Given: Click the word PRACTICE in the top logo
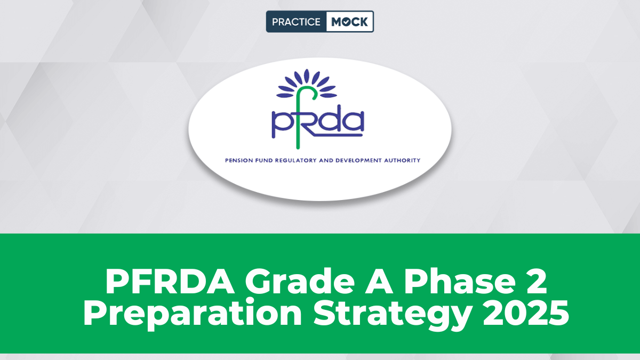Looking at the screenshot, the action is pos(296,22).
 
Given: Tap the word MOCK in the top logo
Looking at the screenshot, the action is pos(350,22).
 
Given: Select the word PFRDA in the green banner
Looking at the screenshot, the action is pos(170,281).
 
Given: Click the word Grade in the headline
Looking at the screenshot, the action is pos(300,281).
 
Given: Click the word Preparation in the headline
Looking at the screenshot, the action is pos(193,314).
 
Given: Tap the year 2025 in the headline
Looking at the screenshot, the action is pos(526,313).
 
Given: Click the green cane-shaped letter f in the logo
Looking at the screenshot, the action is pos(305,117).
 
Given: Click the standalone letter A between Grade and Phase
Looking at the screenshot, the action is pos(379,281).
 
